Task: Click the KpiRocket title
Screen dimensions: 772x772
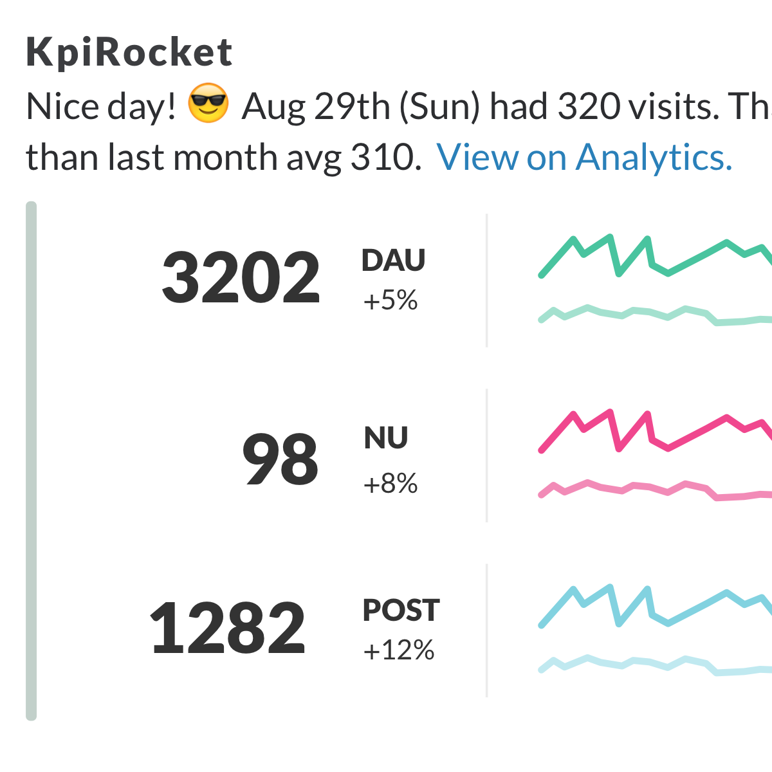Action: pyautogui.click(x=129, y=53)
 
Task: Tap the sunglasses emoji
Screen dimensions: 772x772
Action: pyautogui.click(x=208, y=104)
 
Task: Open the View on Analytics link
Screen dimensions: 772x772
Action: pyautogui.click(x=584, y=157)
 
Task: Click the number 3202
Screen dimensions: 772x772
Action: pyautogui.click(x=241, y=278)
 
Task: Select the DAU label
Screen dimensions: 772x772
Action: pyautogui.click(x=394, y=261)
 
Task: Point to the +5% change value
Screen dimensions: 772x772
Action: pyautogui.click(x=391, y=300)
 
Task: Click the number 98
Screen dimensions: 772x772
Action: pyautogui.click(x=280, y=460)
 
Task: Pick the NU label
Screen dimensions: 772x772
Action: pyautogui.click(x=386, y=439)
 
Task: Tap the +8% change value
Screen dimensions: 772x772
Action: pyautogui.click(x=391, y=484)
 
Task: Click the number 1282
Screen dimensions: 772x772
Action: pyautogui.click(x=228, y=628)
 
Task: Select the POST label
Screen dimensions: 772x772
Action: pyautogui.click(x=401, y=611)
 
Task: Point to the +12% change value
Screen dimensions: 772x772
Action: pyautogui.click(x=399, y=650)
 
